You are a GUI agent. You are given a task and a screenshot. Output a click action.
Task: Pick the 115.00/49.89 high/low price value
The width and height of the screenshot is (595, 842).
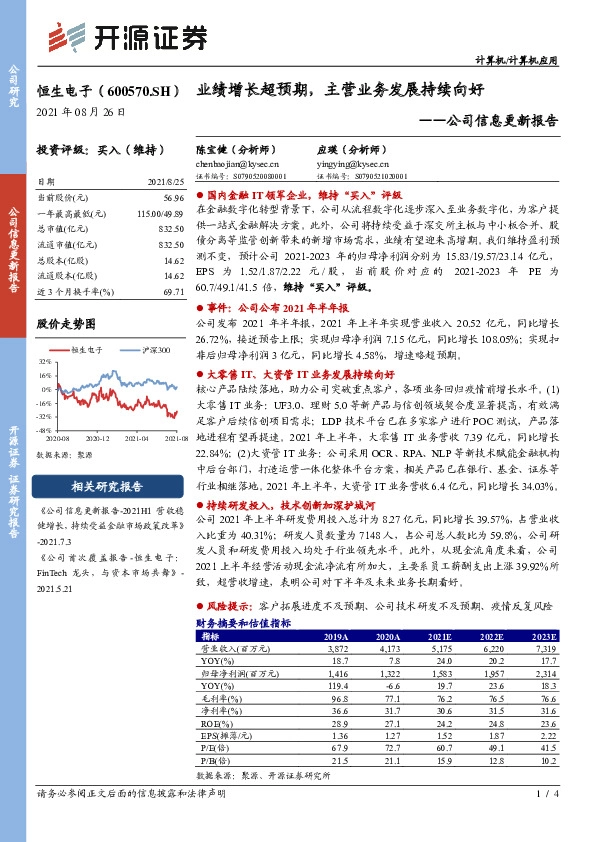point(160,214)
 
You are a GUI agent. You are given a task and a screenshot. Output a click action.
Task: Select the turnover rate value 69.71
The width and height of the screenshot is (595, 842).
point(172,290)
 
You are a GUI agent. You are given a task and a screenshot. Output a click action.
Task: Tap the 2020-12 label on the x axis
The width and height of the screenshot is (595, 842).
point(97,438)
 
